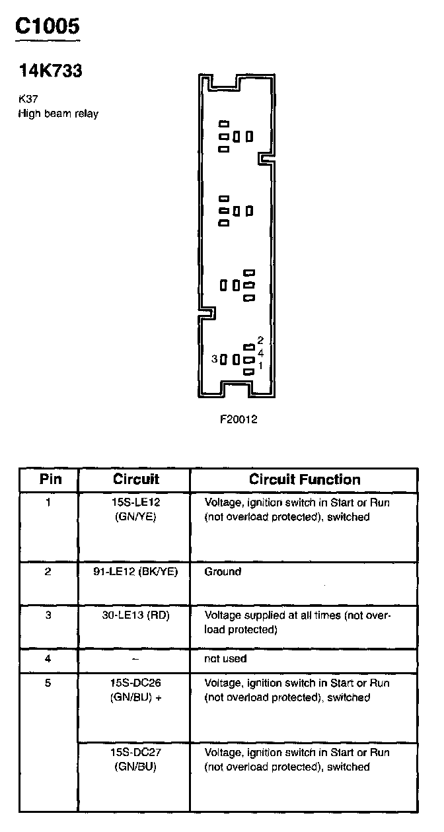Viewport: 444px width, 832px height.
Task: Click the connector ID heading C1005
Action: pyautogui.click(x=48, y=26)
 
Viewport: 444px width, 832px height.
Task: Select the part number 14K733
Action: pyautogui.click(x=50, y=71)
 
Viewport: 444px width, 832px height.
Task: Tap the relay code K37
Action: pyautogui.click(x=28, y=100)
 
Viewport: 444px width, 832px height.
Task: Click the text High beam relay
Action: pyautogui.click(x=58, y=114)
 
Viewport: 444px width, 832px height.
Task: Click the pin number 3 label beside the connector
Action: pyautogui.click(x=214, y=359)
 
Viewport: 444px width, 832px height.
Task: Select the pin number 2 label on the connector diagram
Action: pyautogui.click(x=260, y=341)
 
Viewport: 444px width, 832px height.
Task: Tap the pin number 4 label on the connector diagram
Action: pyautogui.click(x=260, y=353)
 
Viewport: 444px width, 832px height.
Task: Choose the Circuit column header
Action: pyautogui.click(x=136, y=479)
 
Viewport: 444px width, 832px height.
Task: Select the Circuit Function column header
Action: pyautogui.click(x=305, y=479)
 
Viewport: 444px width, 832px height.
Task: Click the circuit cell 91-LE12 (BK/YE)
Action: pyautogui.click(x=135, y=572)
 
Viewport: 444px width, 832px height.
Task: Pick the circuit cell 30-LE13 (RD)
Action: pyautogui.click(x=135, y=615)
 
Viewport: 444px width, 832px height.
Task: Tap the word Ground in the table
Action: pyautogui.click(x=223, y=572)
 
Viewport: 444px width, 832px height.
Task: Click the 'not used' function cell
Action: pyautogui.click(x=225, y=658)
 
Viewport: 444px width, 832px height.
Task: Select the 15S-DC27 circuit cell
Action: pyautogui.click(x=135, y=759)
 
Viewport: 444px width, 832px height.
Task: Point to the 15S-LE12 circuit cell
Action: pyautogui.click(x=135, y=510)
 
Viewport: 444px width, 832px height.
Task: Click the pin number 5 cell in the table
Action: pyautogui.click(x=48, y=683)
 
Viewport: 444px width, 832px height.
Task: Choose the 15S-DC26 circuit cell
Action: pyautogui.click(x=135, y=690)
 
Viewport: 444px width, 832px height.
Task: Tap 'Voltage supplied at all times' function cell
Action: pyautogui.click(x=297, y=622)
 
